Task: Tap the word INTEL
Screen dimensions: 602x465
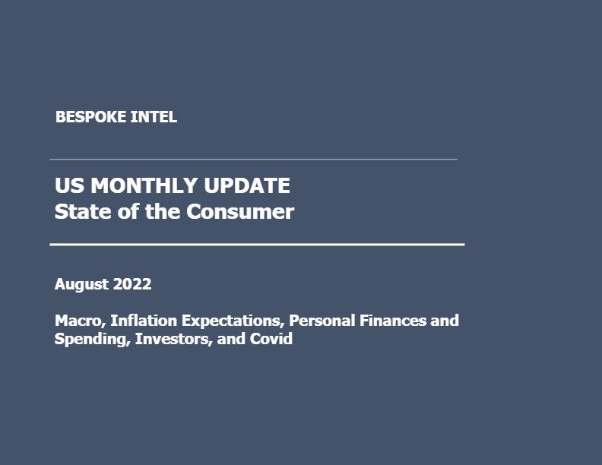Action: pos(154,117)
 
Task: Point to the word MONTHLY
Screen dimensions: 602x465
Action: pos(144,185)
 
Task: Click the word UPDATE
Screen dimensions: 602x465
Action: pos(247,185)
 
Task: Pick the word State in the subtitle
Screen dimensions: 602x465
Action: pos(83,211)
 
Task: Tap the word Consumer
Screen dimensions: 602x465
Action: pos(240,212)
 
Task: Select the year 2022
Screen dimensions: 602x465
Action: pos(132,284)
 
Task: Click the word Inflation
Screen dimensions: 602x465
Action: pos(144,321)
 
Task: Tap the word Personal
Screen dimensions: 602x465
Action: pos(322,321)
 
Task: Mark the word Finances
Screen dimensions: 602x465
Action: pos(393,321)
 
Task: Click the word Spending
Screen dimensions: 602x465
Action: pos(93,339)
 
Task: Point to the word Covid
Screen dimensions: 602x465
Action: pos(271,339)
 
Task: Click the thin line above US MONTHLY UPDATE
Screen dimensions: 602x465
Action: pos(253,159)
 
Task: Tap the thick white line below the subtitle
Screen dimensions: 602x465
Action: pos(257,244)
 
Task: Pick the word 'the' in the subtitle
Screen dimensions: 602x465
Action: pos(163,211)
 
